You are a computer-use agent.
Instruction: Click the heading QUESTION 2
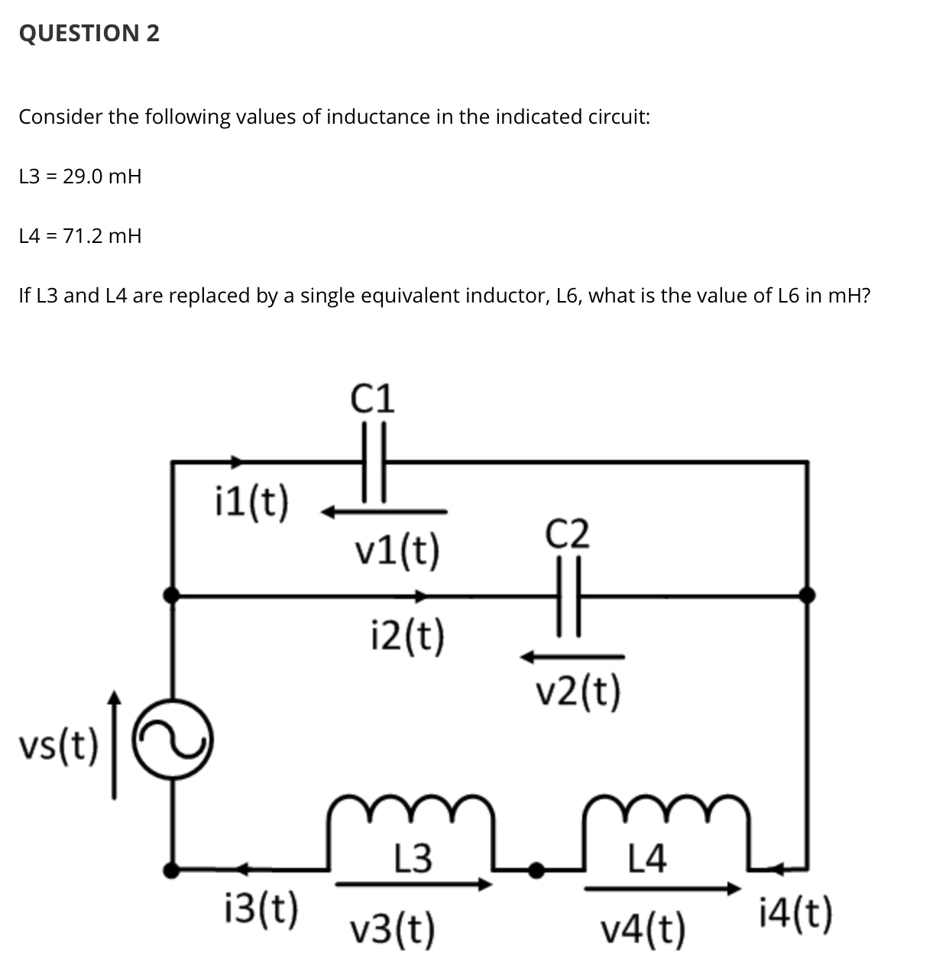point(89,33)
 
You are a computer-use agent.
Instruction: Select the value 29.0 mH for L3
point(102,176)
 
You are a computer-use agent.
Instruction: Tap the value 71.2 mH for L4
point(102,236)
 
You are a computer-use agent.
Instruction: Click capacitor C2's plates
point(569,595)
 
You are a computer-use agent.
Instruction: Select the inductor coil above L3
point(410,812)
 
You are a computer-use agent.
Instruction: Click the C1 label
point(374,398)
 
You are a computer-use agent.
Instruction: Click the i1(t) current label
point(250,502)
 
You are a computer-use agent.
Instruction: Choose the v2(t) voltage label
point(578,692)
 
